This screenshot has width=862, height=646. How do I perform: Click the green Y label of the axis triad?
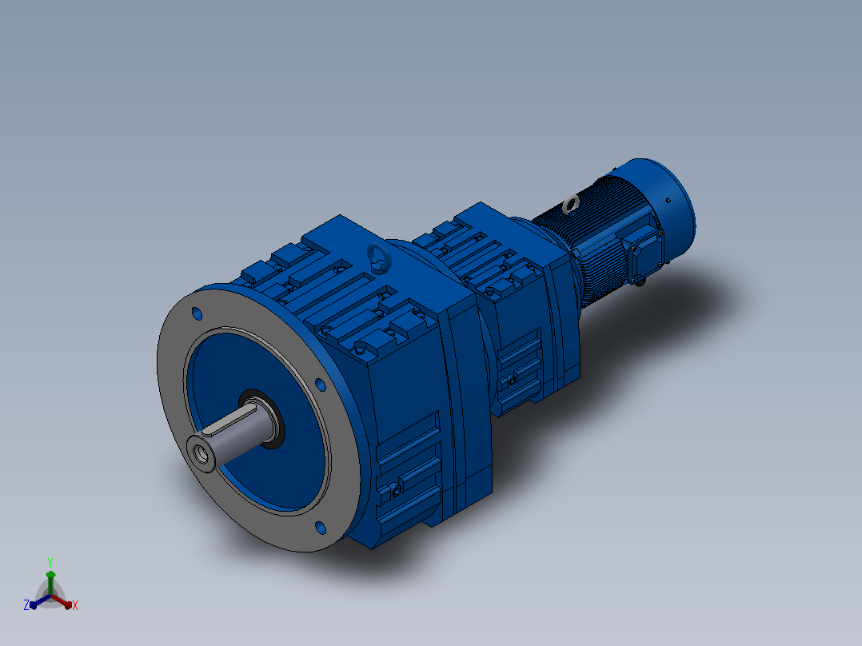(50, 562)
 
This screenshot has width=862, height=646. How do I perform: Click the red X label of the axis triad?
(75, 605)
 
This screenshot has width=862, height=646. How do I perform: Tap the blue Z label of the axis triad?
(26, 604)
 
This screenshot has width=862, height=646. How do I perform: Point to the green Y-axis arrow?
(50, 583)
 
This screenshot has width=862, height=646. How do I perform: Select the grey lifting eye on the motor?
(571, 205)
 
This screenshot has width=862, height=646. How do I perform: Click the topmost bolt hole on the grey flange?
(197, 314)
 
